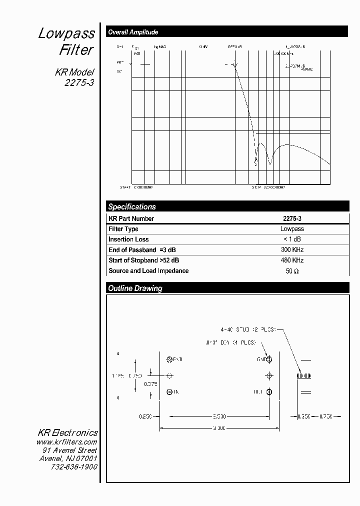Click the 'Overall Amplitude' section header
tap(133, 32)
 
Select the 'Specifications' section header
tap(132, 206)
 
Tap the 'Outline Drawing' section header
tap(135, 288)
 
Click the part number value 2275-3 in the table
tap(292, 218)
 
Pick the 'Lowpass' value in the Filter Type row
tap(292, 229)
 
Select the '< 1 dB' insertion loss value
tap(292, 239)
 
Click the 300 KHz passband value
tap(292, 250)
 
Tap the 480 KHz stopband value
tap(292, 260)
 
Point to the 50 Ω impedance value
tap(292, 271)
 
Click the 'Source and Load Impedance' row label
tap(148, 271)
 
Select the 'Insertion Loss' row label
tap(128, 239)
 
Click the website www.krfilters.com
tap(66, 442)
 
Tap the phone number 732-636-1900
tap(74, 466)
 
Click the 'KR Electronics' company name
tap(68, 433)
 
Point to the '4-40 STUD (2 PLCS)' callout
tap(248, 330)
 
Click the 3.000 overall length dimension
tap(218, 428)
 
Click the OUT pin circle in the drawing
tap(269, 392)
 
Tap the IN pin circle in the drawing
tap(169, 392)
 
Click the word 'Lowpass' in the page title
tap(66, 33)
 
